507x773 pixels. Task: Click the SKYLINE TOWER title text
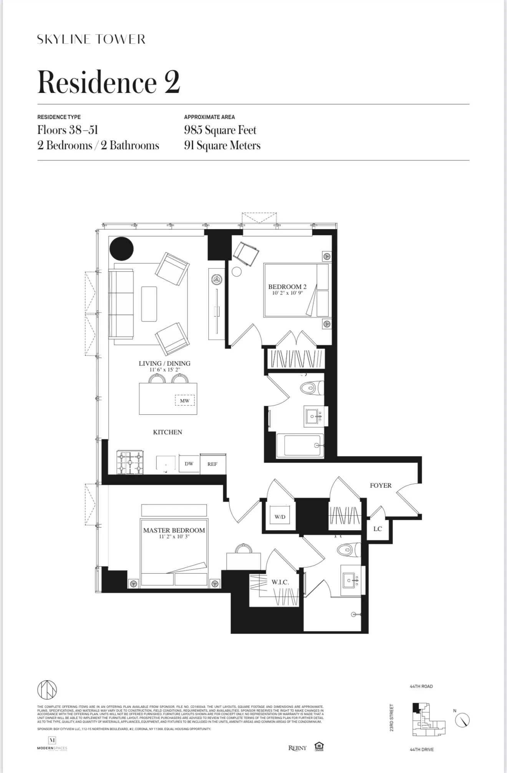[x=91, y=39]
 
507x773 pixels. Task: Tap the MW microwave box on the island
[x=185, y=401]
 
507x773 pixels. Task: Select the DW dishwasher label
[x=189, y=464]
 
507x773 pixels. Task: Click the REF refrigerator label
[x=212, y=464]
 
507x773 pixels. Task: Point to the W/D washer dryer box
[x=280, y=517]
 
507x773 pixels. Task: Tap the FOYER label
[x=381, y=485]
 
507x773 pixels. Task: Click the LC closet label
[x=378, y=529]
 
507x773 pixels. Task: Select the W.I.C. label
[x=280, y=582]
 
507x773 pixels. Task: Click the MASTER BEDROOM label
[x=174, y=530]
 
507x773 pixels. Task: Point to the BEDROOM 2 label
[x=287, y=287]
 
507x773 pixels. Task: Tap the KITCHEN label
[x=167, y=432]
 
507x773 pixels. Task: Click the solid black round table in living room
[x=121, y=249]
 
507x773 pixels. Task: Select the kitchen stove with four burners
[x=130, y=463]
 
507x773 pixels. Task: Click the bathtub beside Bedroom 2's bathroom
[x=300, y=445]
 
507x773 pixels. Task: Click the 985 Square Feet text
[x=220, y=130]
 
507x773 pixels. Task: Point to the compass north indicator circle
[x=462, y=720]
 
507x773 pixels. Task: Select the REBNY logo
[x=298, y=748]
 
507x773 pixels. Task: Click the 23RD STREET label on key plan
[x=392, y=717]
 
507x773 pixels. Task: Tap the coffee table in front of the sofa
[x=149, y=304]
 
